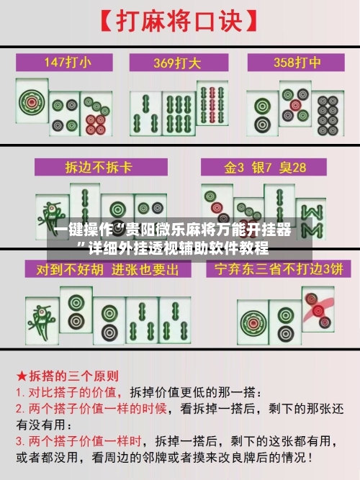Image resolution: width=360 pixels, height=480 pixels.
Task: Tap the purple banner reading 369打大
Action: point(179,62)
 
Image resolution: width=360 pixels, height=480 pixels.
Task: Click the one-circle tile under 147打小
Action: point(32,103)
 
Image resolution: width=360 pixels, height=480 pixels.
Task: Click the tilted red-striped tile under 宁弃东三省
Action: point(317,310)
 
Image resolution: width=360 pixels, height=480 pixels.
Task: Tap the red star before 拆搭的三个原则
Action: point(22,376)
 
